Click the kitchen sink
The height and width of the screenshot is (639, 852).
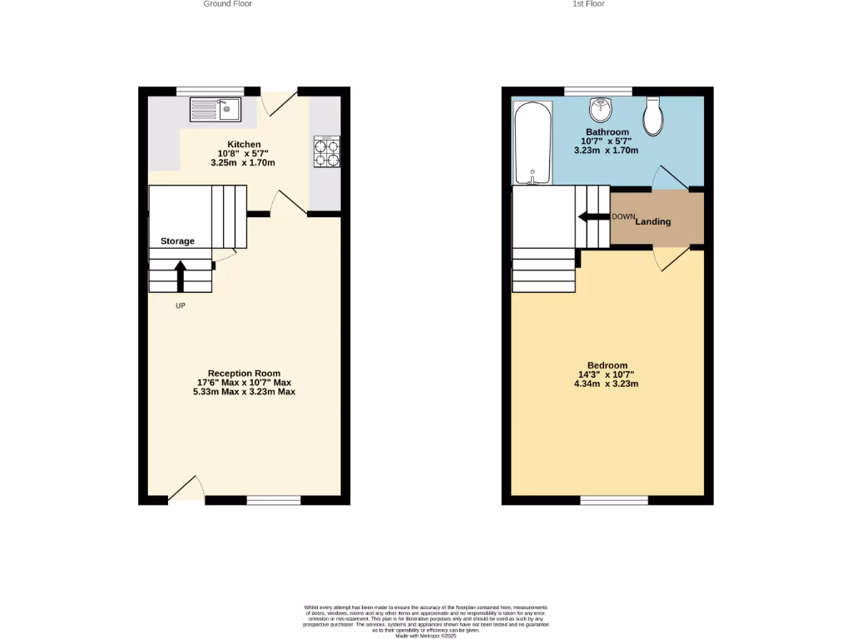pos(215,107)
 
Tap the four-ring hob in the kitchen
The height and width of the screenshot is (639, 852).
pos(326,151)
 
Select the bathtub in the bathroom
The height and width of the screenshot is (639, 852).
pos(529,143)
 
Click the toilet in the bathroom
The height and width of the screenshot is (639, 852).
pos(653,116)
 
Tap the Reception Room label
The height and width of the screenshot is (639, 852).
pos(244,374)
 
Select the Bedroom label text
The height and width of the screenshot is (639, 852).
pos(607,365)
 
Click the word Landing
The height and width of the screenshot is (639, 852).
pos(653,221)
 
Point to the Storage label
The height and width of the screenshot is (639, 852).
pos(177,241)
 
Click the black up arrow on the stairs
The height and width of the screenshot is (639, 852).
pos(180,275)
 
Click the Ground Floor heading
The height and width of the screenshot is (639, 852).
pos(227,4)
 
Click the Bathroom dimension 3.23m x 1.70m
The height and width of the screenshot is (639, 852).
pos(607,151)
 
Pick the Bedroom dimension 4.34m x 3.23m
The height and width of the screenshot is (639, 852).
pos(607,384)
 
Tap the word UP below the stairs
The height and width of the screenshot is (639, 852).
pos(180,306)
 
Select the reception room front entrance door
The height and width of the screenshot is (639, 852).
pos(186,490)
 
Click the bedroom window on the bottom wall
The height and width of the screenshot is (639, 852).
pos(614,500)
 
